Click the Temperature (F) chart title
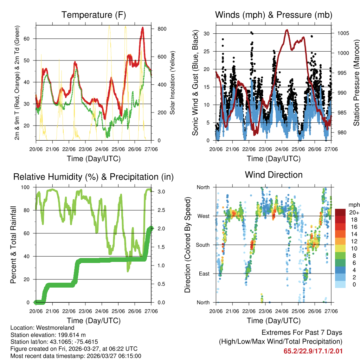coord(94,15)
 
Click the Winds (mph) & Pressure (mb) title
coord(274,15)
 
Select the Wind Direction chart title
coord(274,174)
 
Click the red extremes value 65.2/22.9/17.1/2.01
coord(313,351)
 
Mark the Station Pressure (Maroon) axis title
coord(356,83)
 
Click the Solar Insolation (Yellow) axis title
coord(172,83)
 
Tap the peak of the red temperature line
coord(143,27)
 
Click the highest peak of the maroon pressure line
coord(287,30)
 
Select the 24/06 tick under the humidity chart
coord(102,311)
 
